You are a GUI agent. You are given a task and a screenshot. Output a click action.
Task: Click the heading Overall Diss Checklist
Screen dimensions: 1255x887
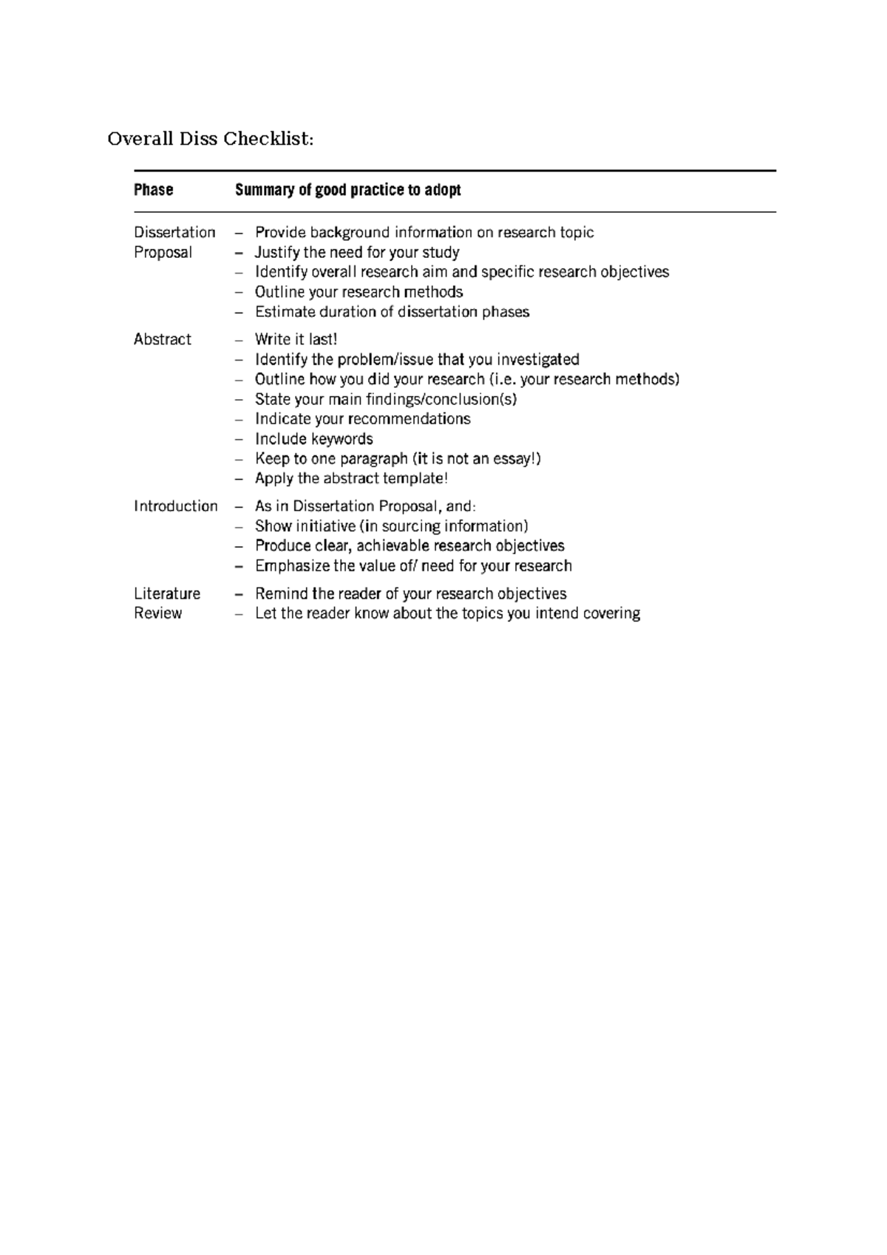(210, 139)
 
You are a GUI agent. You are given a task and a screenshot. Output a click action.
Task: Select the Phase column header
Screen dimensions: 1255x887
(153, 190)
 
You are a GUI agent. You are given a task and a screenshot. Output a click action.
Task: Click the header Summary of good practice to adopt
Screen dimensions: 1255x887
(347, 190)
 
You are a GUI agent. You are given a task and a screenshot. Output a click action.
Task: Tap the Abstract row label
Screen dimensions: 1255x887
(162, 339)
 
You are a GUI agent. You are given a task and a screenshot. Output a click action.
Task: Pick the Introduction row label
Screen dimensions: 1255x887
(175, 506)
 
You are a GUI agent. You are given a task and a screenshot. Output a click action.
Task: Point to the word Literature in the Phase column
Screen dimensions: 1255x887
(167, 594)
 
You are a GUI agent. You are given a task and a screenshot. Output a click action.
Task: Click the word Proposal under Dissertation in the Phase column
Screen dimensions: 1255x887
(163, 252)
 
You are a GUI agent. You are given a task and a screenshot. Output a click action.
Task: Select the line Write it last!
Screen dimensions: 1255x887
(296, 339)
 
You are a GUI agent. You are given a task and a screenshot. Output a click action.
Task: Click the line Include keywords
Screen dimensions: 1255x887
(313, 438)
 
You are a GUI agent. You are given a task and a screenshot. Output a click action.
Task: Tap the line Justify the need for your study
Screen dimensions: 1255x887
(357, 252)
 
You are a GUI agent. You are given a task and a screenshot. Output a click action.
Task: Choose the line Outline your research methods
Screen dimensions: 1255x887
(358, 292)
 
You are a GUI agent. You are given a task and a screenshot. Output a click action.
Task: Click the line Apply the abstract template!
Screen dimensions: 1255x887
(351, 478)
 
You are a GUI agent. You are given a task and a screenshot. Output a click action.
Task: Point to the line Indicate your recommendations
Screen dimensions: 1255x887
(362, 418)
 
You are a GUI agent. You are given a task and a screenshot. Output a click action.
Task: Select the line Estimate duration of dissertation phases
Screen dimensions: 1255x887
(392, 312)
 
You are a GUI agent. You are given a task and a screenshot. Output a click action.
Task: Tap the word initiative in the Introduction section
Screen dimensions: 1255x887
(325, 526)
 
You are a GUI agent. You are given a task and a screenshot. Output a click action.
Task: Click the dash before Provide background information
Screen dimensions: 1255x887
(238, 233)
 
